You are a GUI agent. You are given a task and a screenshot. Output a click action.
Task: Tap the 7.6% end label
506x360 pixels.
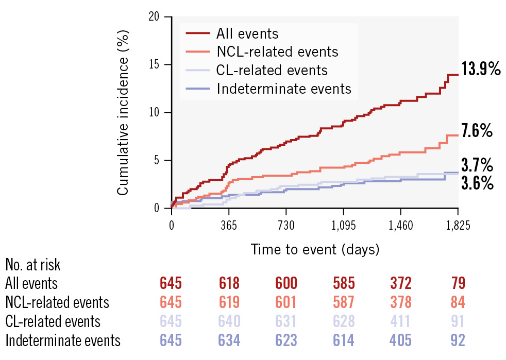click(x=477, y=131)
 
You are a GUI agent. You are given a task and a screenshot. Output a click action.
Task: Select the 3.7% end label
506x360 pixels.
click(x=477, y=166)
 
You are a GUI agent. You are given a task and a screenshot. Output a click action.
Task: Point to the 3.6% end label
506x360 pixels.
click(x=477, y=183)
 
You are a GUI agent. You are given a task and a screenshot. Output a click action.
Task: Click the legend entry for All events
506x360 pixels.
click(x=247, y=34)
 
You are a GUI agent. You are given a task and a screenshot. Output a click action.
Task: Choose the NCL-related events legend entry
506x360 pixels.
click(x=277, y=52)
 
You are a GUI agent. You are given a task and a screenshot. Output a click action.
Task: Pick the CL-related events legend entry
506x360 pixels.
click(x=272, y=70)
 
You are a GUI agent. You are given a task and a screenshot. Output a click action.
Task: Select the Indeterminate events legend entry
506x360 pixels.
click(x=284, y=89)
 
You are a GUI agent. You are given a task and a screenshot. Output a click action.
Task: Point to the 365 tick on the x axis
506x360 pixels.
click(x=228, y=226)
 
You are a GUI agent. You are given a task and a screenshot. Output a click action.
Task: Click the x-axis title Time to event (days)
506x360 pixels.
click(x=315, y=250)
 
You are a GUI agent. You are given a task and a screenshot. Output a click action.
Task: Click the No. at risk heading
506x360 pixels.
click(x=32, y=265)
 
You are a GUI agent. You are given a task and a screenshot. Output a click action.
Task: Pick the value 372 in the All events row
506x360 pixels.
click(x=400, y=283)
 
